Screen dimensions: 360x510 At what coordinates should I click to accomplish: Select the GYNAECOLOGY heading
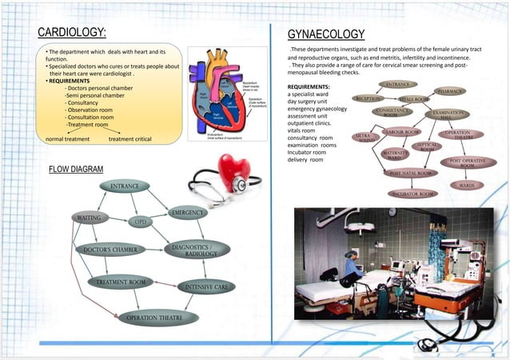[x=325, y=34]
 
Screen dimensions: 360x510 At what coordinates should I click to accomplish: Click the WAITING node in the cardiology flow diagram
[x=90, y=218]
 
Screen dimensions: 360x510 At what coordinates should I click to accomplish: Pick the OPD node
[x=141, y=222]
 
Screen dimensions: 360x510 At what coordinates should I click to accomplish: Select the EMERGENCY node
[x=188, y=213]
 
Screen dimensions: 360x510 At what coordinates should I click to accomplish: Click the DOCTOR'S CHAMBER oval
[x=110, y=250]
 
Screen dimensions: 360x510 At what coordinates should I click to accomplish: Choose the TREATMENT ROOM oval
[x=121, y=282]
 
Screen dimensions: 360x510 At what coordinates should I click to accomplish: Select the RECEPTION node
[x=370, y=98]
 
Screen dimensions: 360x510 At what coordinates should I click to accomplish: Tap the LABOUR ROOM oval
[x=402, y=132]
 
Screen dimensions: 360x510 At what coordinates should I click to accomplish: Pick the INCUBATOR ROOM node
[x=413, y=194]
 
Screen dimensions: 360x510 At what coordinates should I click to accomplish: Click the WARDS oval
[x=466, y=185]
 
